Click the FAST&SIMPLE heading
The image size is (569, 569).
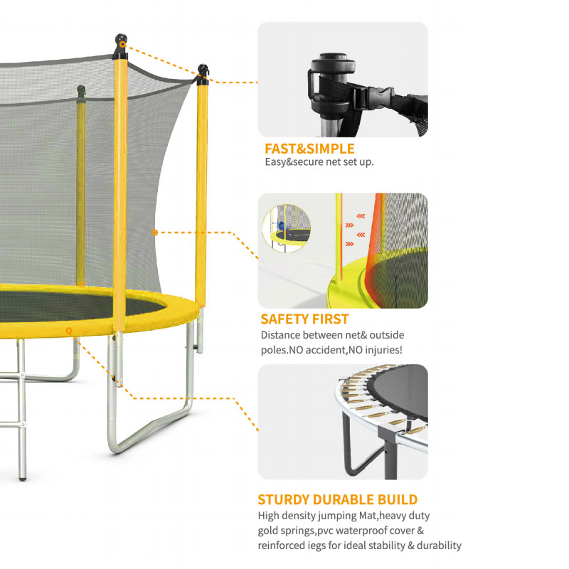click(309, 149)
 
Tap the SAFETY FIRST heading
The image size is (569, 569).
click(304, 319)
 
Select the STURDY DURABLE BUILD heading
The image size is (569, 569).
click(337, 500)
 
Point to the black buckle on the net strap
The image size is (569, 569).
click(374, 97)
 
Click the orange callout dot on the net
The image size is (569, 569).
click(154, 233)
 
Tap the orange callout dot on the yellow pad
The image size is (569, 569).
click(69, 331)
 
